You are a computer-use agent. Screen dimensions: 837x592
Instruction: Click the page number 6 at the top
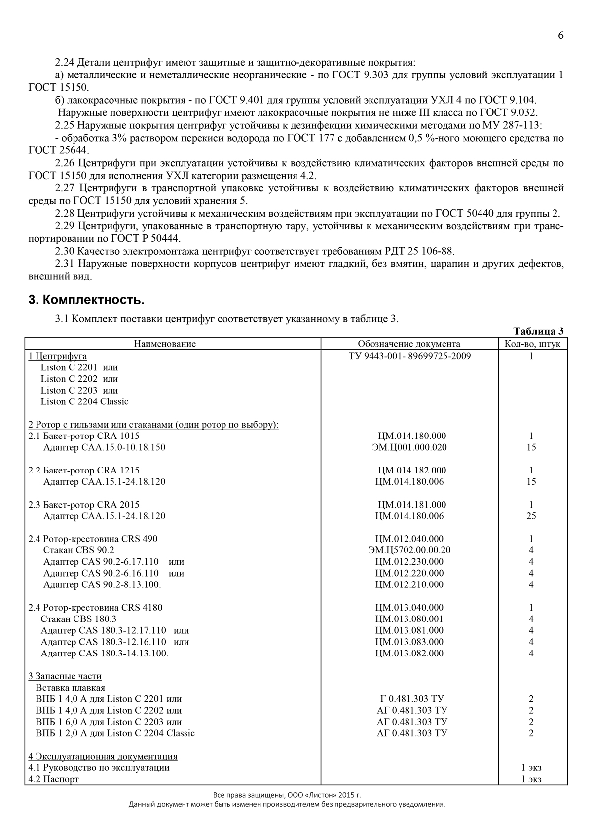coord(560,36)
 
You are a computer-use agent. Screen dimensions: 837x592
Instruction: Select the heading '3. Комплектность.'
coord(86,300)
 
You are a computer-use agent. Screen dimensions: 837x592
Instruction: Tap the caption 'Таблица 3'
coord(538,331)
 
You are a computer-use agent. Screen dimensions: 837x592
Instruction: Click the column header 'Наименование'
coord(165,344)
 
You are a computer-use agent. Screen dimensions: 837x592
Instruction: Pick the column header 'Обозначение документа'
coord(409,344)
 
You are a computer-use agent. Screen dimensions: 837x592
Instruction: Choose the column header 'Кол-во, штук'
coord(532,344)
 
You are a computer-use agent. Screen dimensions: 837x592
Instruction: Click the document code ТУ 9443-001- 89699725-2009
coord(409,356)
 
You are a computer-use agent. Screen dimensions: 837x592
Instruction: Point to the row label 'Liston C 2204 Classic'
coord(84,401)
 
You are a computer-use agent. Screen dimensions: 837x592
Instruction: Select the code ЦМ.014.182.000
coord(412,470)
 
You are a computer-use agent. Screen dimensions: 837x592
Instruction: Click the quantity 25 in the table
coord(531,516)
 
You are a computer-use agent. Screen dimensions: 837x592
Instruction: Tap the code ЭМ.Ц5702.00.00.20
coord(409,550)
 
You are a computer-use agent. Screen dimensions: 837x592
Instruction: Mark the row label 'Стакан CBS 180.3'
coord(78,619)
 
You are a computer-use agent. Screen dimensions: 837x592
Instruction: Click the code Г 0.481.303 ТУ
coord(412,698)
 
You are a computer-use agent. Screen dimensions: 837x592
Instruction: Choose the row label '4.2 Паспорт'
coord(53,779)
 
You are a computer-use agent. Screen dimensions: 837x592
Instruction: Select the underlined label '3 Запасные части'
coord(65,676)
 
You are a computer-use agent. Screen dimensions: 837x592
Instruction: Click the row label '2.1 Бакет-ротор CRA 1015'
coord(84,436)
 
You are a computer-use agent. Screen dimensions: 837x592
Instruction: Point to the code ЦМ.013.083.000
coord(409,642)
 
